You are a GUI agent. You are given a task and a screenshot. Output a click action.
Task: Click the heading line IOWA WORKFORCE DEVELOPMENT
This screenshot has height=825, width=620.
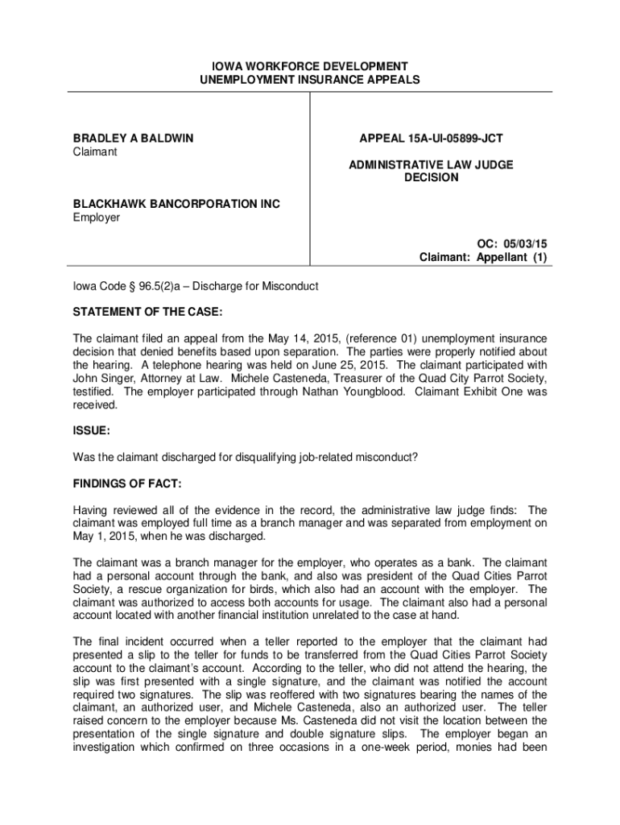(x=310, y=66)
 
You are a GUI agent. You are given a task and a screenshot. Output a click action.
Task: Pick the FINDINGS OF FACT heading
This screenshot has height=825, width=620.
(x=127, y=483)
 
